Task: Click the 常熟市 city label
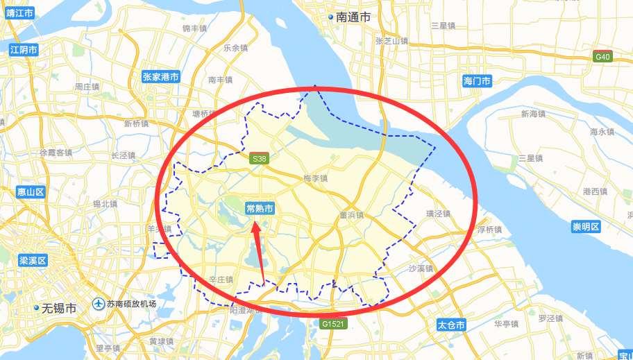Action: point(260,208)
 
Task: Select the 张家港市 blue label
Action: point(160,77)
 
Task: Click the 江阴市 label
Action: point(24,50)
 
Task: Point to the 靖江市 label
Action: point(19,12)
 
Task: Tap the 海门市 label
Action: point(477,82)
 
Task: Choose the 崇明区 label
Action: point(585,228)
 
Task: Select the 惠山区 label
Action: point(31,192)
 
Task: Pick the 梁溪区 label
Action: point(32,261)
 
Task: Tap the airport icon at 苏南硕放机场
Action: point(99,304)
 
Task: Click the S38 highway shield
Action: point(259,159)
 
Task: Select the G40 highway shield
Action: point(602,57)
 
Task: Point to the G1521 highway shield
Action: point(332,324)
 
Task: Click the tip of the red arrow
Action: point(255,221)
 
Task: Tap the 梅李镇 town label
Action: point(315,178)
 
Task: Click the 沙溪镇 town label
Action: point(421,268)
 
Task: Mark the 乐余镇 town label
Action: point(235,48)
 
